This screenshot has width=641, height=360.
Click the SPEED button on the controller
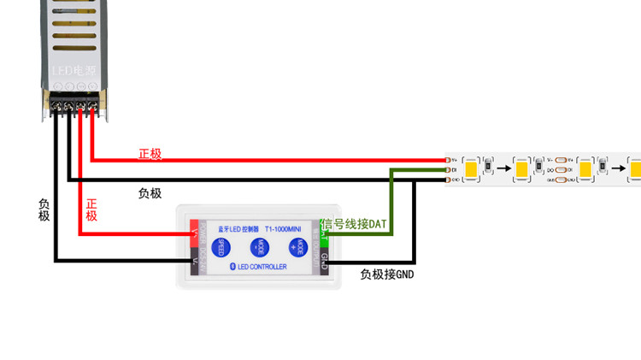coord(219,247)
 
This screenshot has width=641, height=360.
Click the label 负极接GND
coord(386,274)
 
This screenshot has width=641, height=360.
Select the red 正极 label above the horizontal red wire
coord(150,154)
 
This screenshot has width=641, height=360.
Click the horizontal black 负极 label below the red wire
coord(150,193)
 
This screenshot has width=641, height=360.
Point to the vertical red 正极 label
coord(91,210)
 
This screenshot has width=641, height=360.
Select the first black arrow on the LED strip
coord(505,168)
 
